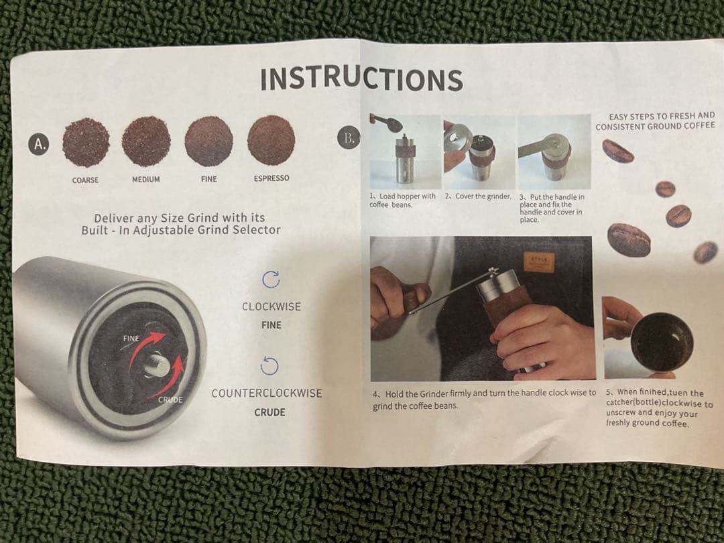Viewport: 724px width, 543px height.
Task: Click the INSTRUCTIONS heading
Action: pos(361,79)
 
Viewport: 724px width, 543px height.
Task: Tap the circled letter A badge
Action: pos(40,144)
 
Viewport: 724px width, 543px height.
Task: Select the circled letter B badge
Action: pos(349,137)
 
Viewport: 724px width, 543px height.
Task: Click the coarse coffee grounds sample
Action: pos(86,142)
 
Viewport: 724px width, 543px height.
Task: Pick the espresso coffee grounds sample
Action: pos(271,140)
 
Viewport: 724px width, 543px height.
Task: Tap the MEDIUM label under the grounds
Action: pos(146,179)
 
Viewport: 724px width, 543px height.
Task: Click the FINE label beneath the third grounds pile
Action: pos(208,179)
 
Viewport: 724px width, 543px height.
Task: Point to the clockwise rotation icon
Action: pos(271,280)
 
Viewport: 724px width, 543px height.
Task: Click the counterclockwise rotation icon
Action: pos(269,366)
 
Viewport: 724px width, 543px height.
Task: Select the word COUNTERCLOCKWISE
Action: pos(267,394)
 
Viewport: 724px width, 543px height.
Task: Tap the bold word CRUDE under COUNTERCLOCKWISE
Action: pos(269,412)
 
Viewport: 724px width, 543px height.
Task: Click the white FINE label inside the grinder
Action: pos(131,339)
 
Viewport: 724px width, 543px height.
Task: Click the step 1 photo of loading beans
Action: pos(406,152)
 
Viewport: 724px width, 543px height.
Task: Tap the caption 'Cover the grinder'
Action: pos(483,196)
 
